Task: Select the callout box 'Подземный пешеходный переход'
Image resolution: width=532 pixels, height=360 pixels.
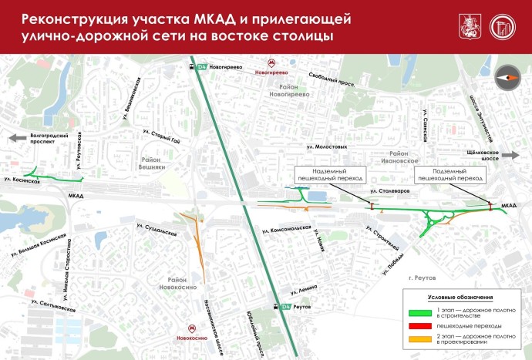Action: [448, 174]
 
